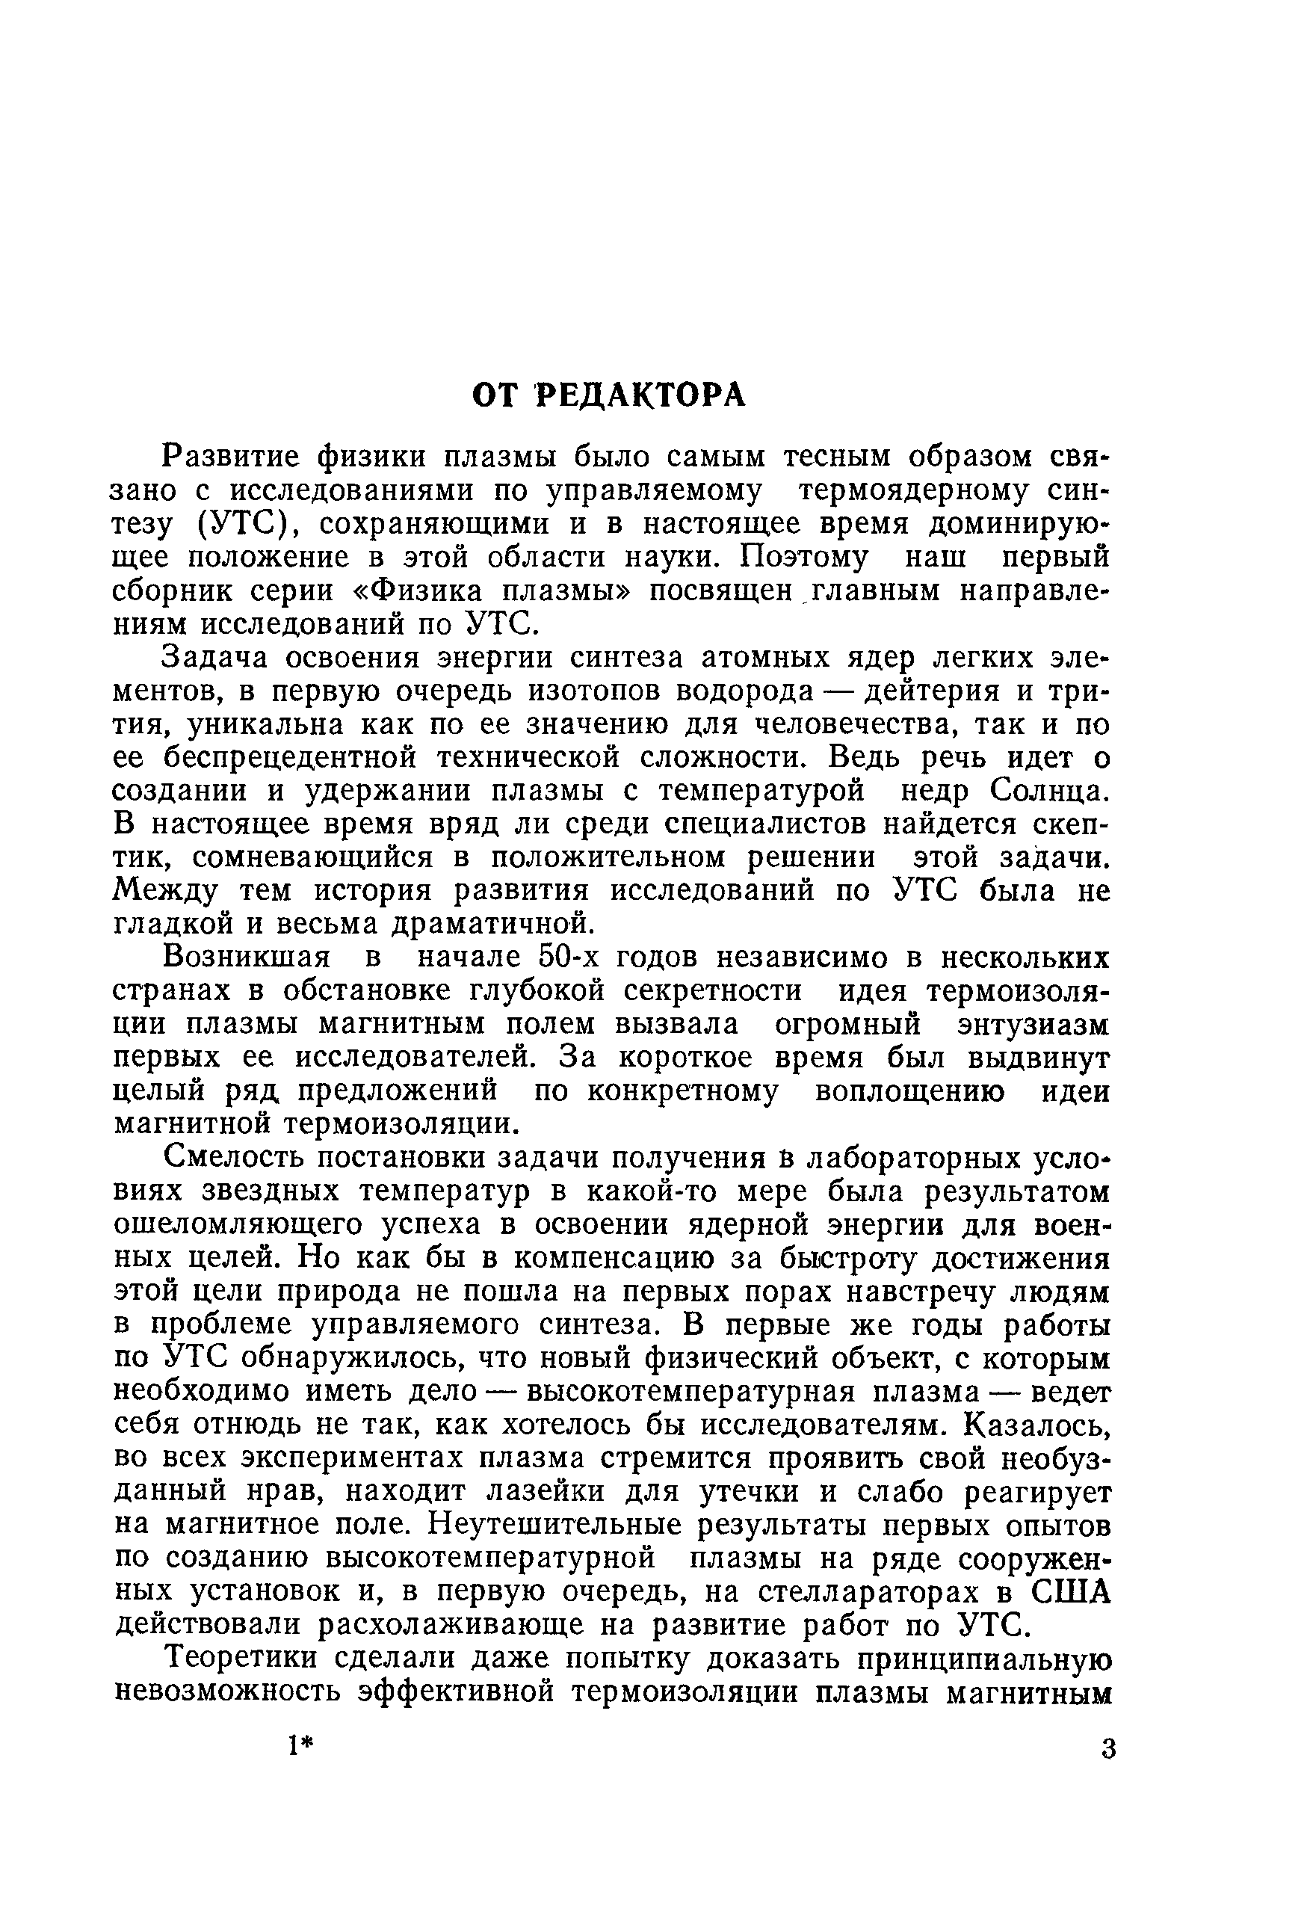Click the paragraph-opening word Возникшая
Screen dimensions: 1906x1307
[x=246, y=958]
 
